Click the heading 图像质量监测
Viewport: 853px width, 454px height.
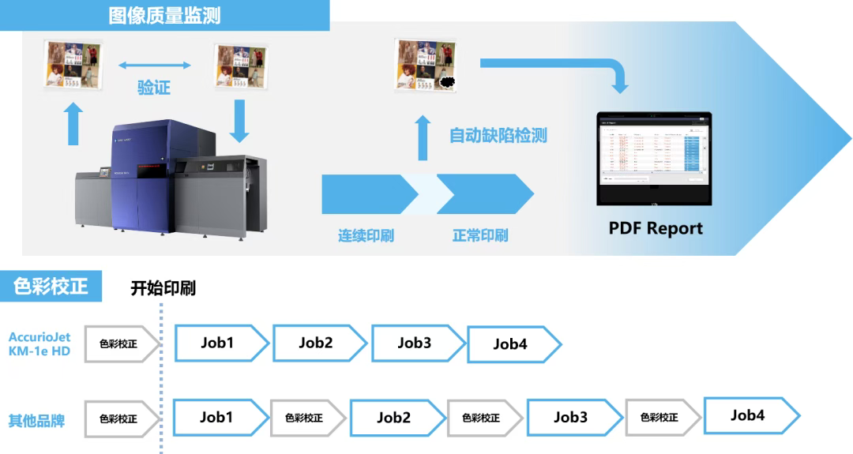coord(164,15)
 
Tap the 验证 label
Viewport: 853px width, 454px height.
coord(154,87)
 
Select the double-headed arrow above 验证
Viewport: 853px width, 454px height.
coord(155,65)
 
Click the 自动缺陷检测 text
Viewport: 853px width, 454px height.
coord(498,135)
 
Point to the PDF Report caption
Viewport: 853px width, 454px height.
coord(656,229)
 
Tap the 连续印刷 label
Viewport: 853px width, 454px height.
coord(366,235)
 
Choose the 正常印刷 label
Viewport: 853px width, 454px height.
coord(480,235)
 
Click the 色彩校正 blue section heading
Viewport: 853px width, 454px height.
coord(51,286)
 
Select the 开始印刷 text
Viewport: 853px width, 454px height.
coord(163,288)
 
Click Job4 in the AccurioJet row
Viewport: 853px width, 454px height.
coord(510,344)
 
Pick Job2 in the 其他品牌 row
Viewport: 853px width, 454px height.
coord(393,418)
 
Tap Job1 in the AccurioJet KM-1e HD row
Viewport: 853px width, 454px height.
coord(217,343)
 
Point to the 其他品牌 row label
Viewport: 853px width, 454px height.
coord(36,420)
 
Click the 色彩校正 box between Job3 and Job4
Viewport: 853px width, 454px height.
coord(659,418)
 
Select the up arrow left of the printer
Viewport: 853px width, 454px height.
coord(73,124)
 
